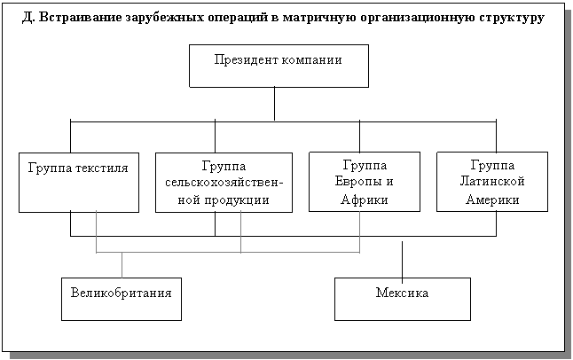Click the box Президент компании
click(x=279, y=66)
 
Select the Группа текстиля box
click(x=78, y=182)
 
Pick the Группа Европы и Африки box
click(x=364, y=182)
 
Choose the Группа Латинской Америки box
click(x=491, y=182)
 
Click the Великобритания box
click(x=121, y=299)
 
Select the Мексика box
click(x=402, y=299)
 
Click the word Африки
click(x=365, y=200)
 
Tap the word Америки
click(x=492, y=200)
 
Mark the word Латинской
click(x=493, y=182)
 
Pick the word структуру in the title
click(x=511, y=17)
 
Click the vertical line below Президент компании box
click(x=275, y=103)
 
